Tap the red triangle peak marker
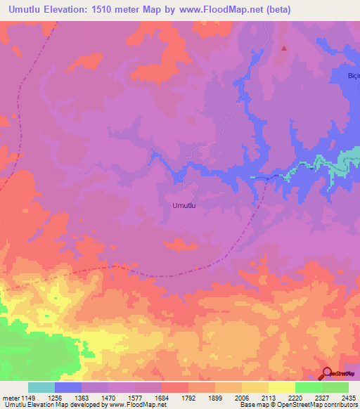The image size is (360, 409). pos(284,48)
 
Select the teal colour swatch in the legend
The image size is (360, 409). pos(41,387)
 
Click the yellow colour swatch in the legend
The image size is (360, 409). pos(281,387)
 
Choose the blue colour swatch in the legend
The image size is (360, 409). pos(68,387)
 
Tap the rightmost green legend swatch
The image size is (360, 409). pos(335,387)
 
